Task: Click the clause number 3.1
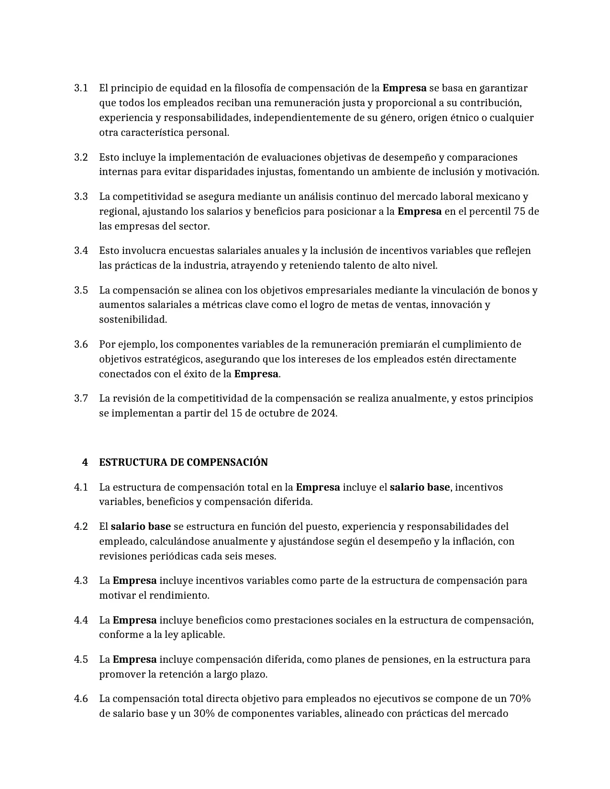pos(81,88)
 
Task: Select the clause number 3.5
pos(81,290)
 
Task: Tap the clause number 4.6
pos(81,699)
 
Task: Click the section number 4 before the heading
pos(85,462)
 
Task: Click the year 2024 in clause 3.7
pos(323,413)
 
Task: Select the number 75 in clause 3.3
pos(520,211)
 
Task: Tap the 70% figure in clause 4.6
pos(520,699)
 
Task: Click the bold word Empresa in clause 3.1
pos(404,88)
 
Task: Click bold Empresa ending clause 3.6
pos(256,374)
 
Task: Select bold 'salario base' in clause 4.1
pos(420,487)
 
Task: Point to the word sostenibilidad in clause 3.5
pos(133,319)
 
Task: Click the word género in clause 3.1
pos(396,118)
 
